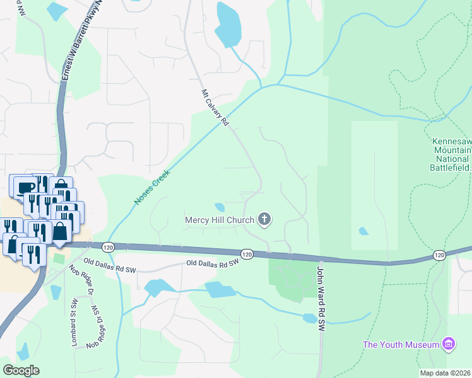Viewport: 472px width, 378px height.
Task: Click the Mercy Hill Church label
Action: (x=219, y=220)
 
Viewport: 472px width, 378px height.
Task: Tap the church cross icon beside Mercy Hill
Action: (x=264, y=219)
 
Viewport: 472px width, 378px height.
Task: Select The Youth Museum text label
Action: (x=401, y=345)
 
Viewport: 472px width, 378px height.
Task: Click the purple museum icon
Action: (x=449, y=344)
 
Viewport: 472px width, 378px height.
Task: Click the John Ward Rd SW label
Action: (x=321, y=299)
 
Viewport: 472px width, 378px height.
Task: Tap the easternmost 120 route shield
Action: (x=439, y=255)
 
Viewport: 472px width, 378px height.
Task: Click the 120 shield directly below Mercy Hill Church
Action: (x=247, y=254)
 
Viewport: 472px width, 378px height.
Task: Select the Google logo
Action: (x=21, y=370)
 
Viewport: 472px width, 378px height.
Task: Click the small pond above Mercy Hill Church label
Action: (x=220, y=207)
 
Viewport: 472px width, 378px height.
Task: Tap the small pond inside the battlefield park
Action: (x=363, y=231)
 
